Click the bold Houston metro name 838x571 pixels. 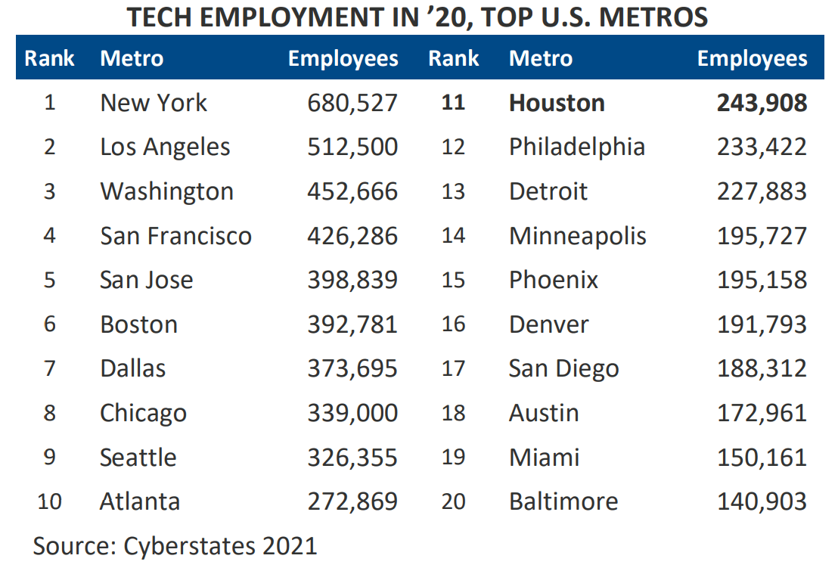[x=557, y=103]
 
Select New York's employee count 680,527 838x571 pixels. [x=352, y=103]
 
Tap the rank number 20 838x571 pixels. [x=453, y=501]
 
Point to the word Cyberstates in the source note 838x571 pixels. [x=182, y=545]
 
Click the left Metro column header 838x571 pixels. [x=132, y=58]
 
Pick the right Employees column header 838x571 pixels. [x=752, y=58]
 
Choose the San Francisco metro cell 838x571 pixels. [x=175, y=236]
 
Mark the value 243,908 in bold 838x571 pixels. [x=762, y=103]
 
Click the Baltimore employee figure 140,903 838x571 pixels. [x=762, y=501]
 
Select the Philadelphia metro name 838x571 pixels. [x=577, y=147]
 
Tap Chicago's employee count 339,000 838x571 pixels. [x=352, y=413]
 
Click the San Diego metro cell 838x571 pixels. [x=563, y=369]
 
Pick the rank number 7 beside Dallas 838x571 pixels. [x=50, y=369]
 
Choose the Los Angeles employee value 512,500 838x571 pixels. [x=352, y=147]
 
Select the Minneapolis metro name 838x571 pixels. [x=578, y=236]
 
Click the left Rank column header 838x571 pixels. [x=50, y=58]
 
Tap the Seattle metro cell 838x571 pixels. [x=138, y=458]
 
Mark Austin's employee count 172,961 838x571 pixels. [x=762, y=413]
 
